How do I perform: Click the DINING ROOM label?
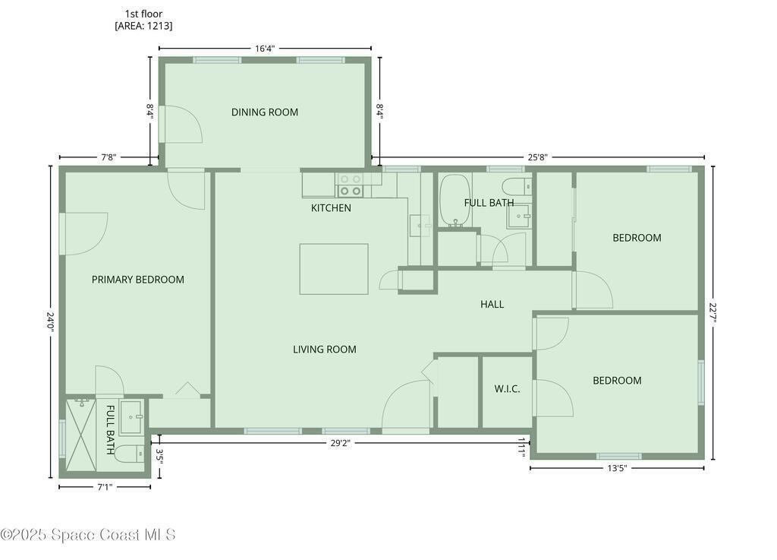[265, 112]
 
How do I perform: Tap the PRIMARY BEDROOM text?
[138, 280]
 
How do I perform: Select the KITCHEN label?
[331, 208]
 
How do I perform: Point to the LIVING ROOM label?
[325, 350]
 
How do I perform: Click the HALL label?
[492, 304]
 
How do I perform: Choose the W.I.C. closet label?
[507, 389]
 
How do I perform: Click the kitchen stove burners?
[350, 185]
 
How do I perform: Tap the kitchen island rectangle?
[334, 269]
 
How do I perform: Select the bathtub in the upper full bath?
[455, 201]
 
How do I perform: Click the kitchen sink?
[420, 226]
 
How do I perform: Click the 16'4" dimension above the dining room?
[265, 48]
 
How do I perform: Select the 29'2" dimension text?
[341, 443]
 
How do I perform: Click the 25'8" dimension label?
[537, 157]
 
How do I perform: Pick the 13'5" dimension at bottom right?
[617, 468]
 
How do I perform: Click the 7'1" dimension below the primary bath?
[104, 487]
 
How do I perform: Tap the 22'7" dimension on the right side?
[713, 312]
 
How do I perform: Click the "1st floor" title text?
[143, 14]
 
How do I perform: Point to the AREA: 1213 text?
[143, 26]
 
